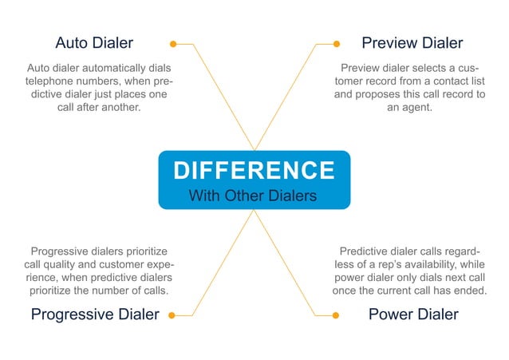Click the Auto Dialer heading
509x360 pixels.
(x=93, y=42)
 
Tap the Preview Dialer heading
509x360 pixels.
(x=412, y=42)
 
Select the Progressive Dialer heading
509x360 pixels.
(x=95, y=315)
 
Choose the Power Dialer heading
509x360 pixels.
(x=412, y=315)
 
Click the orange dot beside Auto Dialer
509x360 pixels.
(x=172, y=43)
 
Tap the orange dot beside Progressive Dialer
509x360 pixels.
(x=172, y=315)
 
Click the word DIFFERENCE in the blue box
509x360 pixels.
(x=254, y=170)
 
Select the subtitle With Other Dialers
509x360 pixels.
(x=254, y=196)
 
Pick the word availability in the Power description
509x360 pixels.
(x=436, y=264)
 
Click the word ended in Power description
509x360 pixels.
(x=470, y=290)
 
